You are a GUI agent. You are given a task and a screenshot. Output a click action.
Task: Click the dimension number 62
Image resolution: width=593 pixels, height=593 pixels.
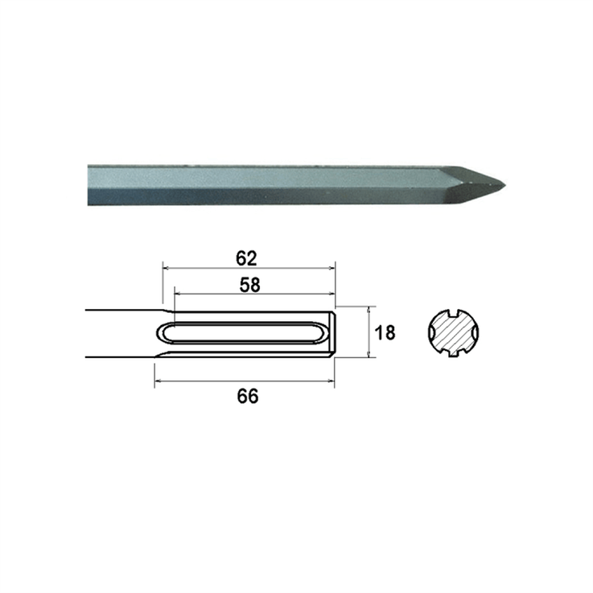246,258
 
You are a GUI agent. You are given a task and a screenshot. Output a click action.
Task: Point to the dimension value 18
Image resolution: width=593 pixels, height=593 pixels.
385,332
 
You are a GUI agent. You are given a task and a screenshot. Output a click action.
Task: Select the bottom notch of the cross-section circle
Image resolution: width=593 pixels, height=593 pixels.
452,355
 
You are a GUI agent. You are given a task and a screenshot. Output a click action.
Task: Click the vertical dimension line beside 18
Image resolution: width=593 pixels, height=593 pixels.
369,332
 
